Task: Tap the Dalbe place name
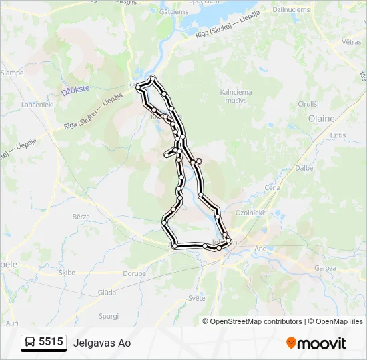pos(304,168)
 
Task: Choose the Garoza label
pos(326,267)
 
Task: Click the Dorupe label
pos(134,273)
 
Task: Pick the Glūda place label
pos(107,292)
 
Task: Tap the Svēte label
pos(196,298)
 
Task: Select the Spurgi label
pos(108,315)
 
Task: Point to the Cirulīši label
pos(308,104)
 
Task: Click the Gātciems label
pos(174,11)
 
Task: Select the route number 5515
pos(51,342)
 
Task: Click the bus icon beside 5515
pos(30,343)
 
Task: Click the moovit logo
pos(316,343)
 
